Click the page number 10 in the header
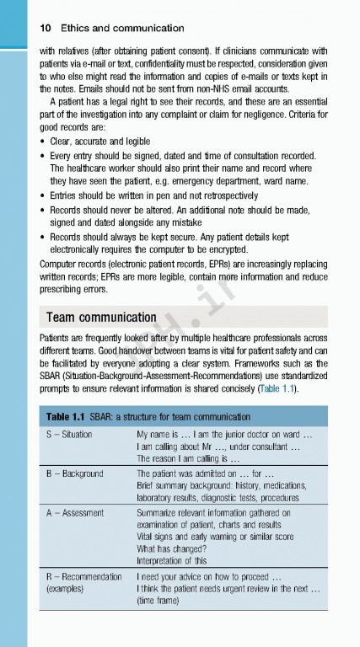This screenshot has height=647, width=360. [46, 28]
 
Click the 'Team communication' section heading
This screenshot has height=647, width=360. [101, 318]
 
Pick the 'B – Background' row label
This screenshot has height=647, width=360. [74, 473]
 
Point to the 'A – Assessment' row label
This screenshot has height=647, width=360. [74, 512]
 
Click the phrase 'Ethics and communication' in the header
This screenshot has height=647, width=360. [121, 28]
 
